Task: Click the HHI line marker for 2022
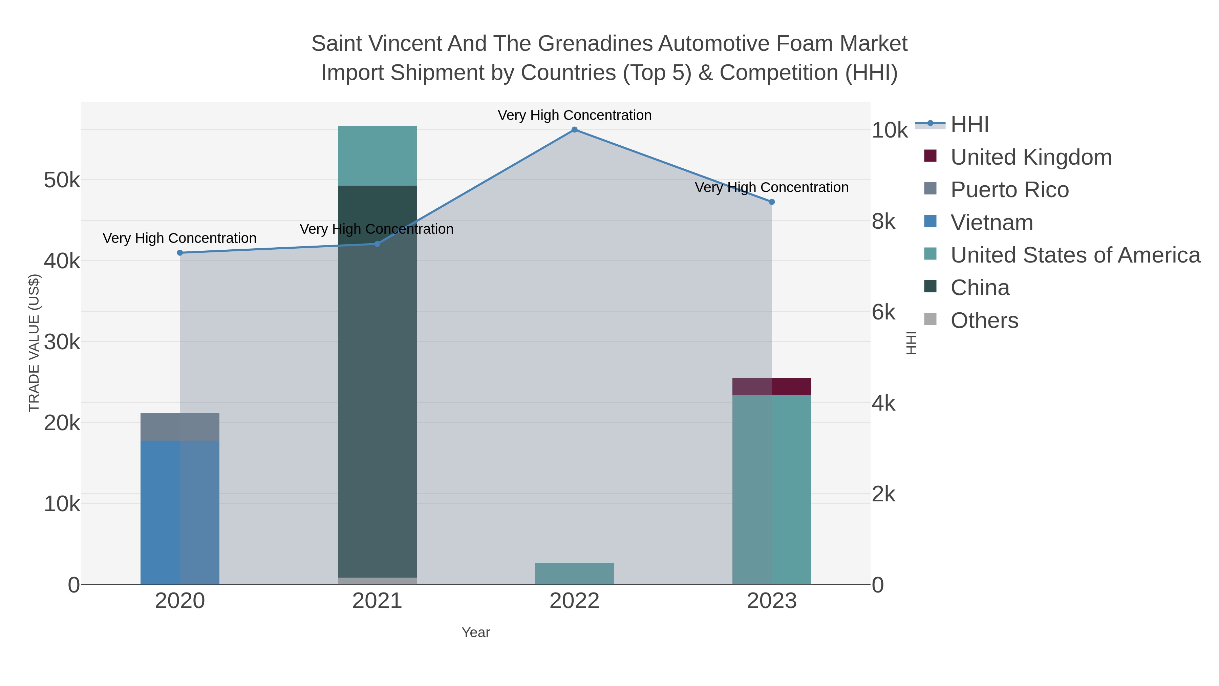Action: click(x=575, y=130)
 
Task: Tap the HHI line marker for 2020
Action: click(x=180, y=253)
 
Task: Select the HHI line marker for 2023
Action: click(x=772, y=202)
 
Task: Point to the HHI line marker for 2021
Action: click(x=377, y=244)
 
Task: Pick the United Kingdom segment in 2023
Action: click(x=772, y=386)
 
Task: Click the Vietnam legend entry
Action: click(x=991, y=223)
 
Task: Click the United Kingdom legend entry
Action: click(x=1031, y=157)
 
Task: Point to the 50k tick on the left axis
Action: click(x=62, y=180)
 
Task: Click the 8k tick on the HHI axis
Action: click(x=883, y=221)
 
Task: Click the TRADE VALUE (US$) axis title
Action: click(x=34, y=343)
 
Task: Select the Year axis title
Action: click(x=476, y=632)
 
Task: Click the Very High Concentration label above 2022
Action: click(x=575, y=115)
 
